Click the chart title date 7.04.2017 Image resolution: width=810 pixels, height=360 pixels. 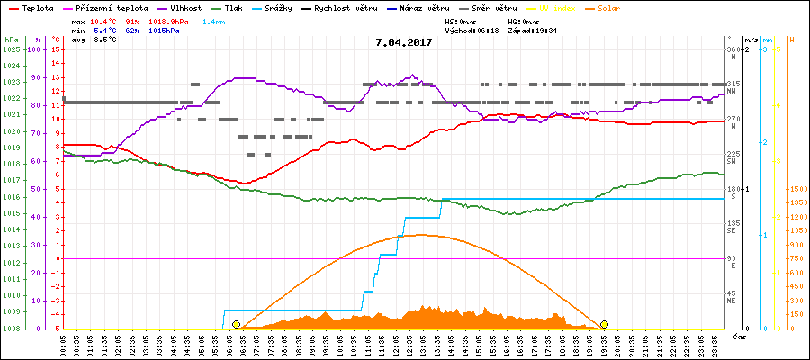tap(404, 42)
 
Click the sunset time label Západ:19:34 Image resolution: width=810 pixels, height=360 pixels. tap(532, 30)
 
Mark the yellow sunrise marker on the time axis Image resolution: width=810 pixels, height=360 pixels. tap(236, 324)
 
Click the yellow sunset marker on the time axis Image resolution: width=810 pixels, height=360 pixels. tap(605, 324)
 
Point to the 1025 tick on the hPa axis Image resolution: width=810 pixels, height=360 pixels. tap(11, 49)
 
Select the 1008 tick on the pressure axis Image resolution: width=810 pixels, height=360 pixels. tap(11, 328)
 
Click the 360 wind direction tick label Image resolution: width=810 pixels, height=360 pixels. tap(733, 49)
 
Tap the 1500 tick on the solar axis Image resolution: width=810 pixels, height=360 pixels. tap(797, 189)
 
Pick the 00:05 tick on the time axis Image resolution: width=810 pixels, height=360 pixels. tap(64, 344)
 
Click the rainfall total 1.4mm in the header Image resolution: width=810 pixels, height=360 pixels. tap(214, 21)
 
